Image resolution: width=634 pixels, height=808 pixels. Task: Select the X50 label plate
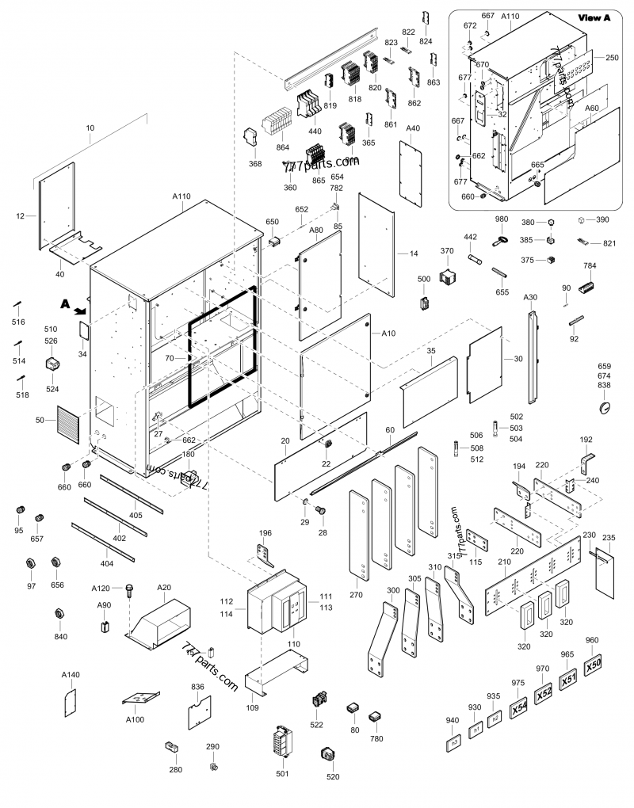(x=594, y=668)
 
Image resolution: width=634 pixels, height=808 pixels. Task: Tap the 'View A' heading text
(x=594, y=17)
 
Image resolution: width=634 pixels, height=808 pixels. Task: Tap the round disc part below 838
(x=605, y=407)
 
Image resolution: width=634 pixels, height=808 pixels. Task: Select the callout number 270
(x=356, y=593)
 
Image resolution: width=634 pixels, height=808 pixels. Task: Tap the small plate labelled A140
(x=70, y=701)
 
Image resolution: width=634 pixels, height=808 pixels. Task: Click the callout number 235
(x=609, y=538)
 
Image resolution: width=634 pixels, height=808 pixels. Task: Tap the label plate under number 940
(x=454, y=744)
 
